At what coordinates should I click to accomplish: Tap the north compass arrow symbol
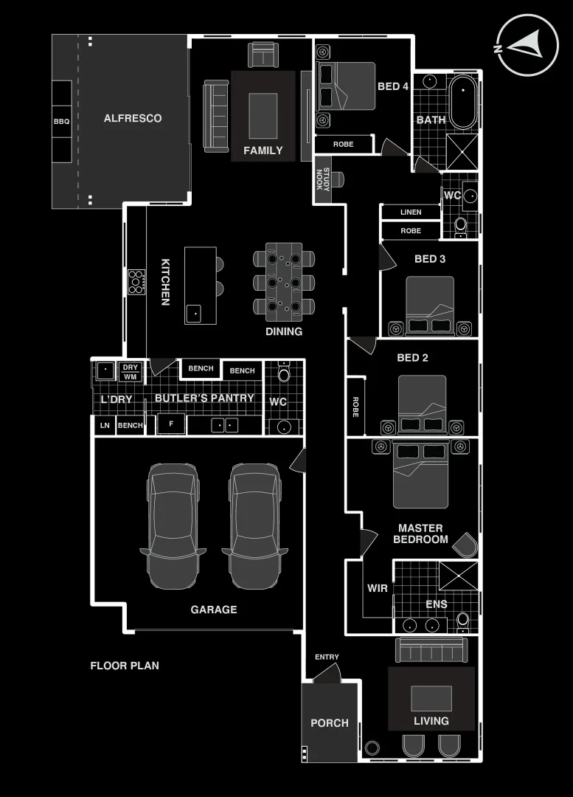point(526,46)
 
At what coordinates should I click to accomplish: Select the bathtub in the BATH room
point(464,101)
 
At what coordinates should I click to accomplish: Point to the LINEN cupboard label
point(411,213)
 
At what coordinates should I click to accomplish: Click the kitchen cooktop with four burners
point(136,282)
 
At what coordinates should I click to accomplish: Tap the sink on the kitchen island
point(194,313)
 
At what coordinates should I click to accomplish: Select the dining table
point(284,282)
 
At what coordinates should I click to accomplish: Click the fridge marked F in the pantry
point(171,424)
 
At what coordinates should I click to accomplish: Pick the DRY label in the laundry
point(131,368)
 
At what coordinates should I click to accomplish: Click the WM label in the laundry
point(131,377)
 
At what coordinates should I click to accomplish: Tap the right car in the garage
point(254,525)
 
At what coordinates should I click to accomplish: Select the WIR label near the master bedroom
point(377,589)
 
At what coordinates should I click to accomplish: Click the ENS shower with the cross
point(458,576)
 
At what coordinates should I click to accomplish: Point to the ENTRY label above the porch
point(327,658)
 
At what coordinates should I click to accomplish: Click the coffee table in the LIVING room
point(431,698)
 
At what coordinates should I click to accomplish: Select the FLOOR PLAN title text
point(125,666)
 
